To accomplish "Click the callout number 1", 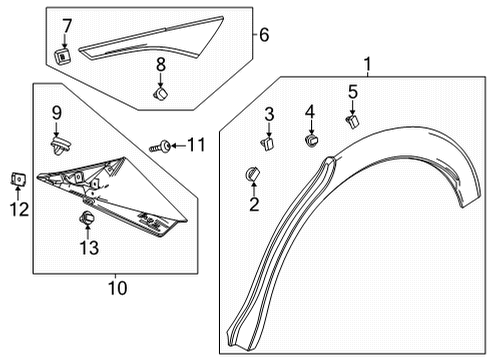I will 368,67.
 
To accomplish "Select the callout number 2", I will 254,205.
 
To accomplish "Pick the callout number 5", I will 352,92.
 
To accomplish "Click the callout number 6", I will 264,35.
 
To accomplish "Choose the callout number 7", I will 67,24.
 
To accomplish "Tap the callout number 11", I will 196,146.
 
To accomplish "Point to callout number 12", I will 13,208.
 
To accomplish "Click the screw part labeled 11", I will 159,147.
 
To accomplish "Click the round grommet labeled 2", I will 252,177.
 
